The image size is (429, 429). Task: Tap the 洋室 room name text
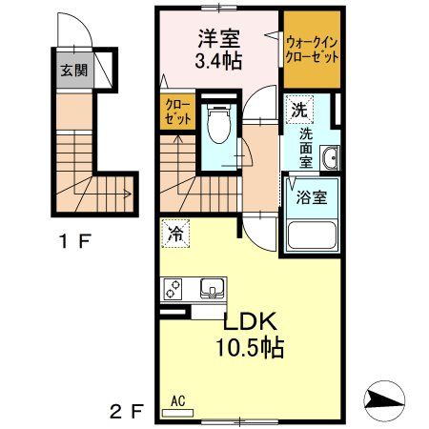click(x=218, y=40)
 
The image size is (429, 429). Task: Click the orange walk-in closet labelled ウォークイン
click(x=312, y=48)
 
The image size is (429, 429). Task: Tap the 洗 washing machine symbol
click(x=298, y=110)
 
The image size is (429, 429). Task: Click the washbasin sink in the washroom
click(x=330, y=158)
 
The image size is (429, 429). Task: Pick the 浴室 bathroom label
click(x=311, y=200)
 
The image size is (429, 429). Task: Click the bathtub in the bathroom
click(x=310, y=235)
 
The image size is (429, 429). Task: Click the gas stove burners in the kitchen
click(x=175, y=286)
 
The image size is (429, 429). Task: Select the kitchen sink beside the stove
click(x=209, y=286)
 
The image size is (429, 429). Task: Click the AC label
click(x=177, y=401)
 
